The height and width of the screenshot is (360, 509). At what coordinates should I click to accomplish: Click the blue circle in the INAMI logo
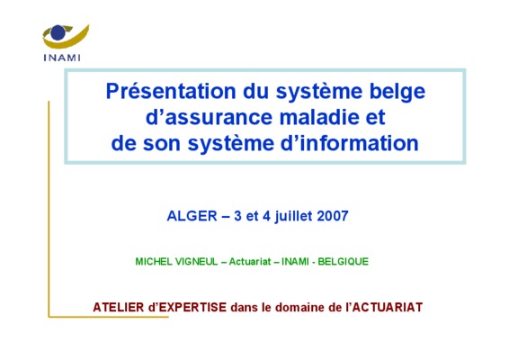point(58,32)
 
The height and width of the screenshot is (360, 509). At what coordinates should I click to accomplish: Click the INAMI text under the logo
point(62,58)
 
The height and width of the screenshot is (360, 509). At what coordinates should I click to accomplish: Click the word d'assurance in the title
point(209,117)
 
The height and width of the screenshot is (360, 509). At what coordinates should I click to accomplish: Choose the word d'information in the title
point(349,143)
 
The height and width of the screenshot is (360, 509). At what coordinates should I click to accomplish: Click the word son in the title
point(162,144)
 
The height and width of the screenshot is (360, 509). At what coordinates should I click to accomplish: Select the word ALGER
point(192,216)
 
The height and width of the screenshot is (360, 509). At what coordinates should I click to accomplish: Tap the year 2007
point(333,216)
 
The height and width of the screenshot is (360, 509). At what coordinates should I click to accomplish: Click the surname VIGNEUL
point(196,262)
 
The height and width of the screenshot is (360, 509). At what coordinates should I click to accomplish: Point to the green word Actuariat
point(250,262)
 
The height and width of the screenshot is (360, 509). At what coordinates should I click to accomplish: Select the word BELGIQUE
point(344,262)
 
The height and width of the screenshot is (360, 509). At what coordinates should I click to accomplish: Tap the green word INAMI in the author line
point(295,262)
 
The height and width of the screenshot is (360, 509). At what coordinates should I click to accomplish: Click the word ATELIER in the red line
point(119,308)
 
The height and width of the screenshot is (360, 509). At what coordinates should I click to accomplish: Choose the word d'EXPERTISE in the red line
point(187,308)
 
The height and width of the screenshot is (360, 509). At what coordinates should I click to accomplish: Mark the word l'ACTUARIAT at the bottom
point(384,308)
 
